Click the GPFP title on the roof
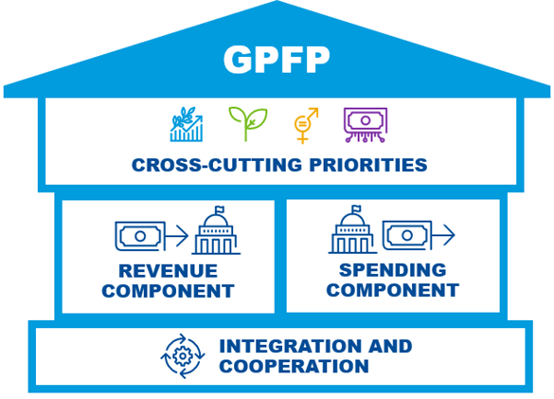(277, 60)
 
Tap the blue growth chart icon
(187, 124)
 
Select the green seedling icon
(248, 124)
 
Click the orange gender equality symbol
(306, 125)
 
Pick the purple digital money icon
(366, 125)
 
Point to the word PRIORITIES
(368, 165)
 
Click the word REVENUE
(168, 271)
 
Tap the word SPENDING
(392, 270)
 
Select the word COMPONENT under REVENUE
(168, 291)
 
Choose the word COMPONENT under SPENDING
(392, 290)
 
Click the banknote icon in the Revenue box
(140, 236)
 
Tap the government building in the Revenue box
(216, 230)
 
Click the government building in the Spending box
(352, 229)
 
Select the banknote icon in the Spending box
(407, 235)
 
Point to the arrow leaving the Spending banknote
(443, 235)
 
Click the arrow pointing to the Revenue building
(177, 236)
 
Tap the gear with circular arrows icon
(183, 355)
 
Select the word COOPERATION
(294, 366)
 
